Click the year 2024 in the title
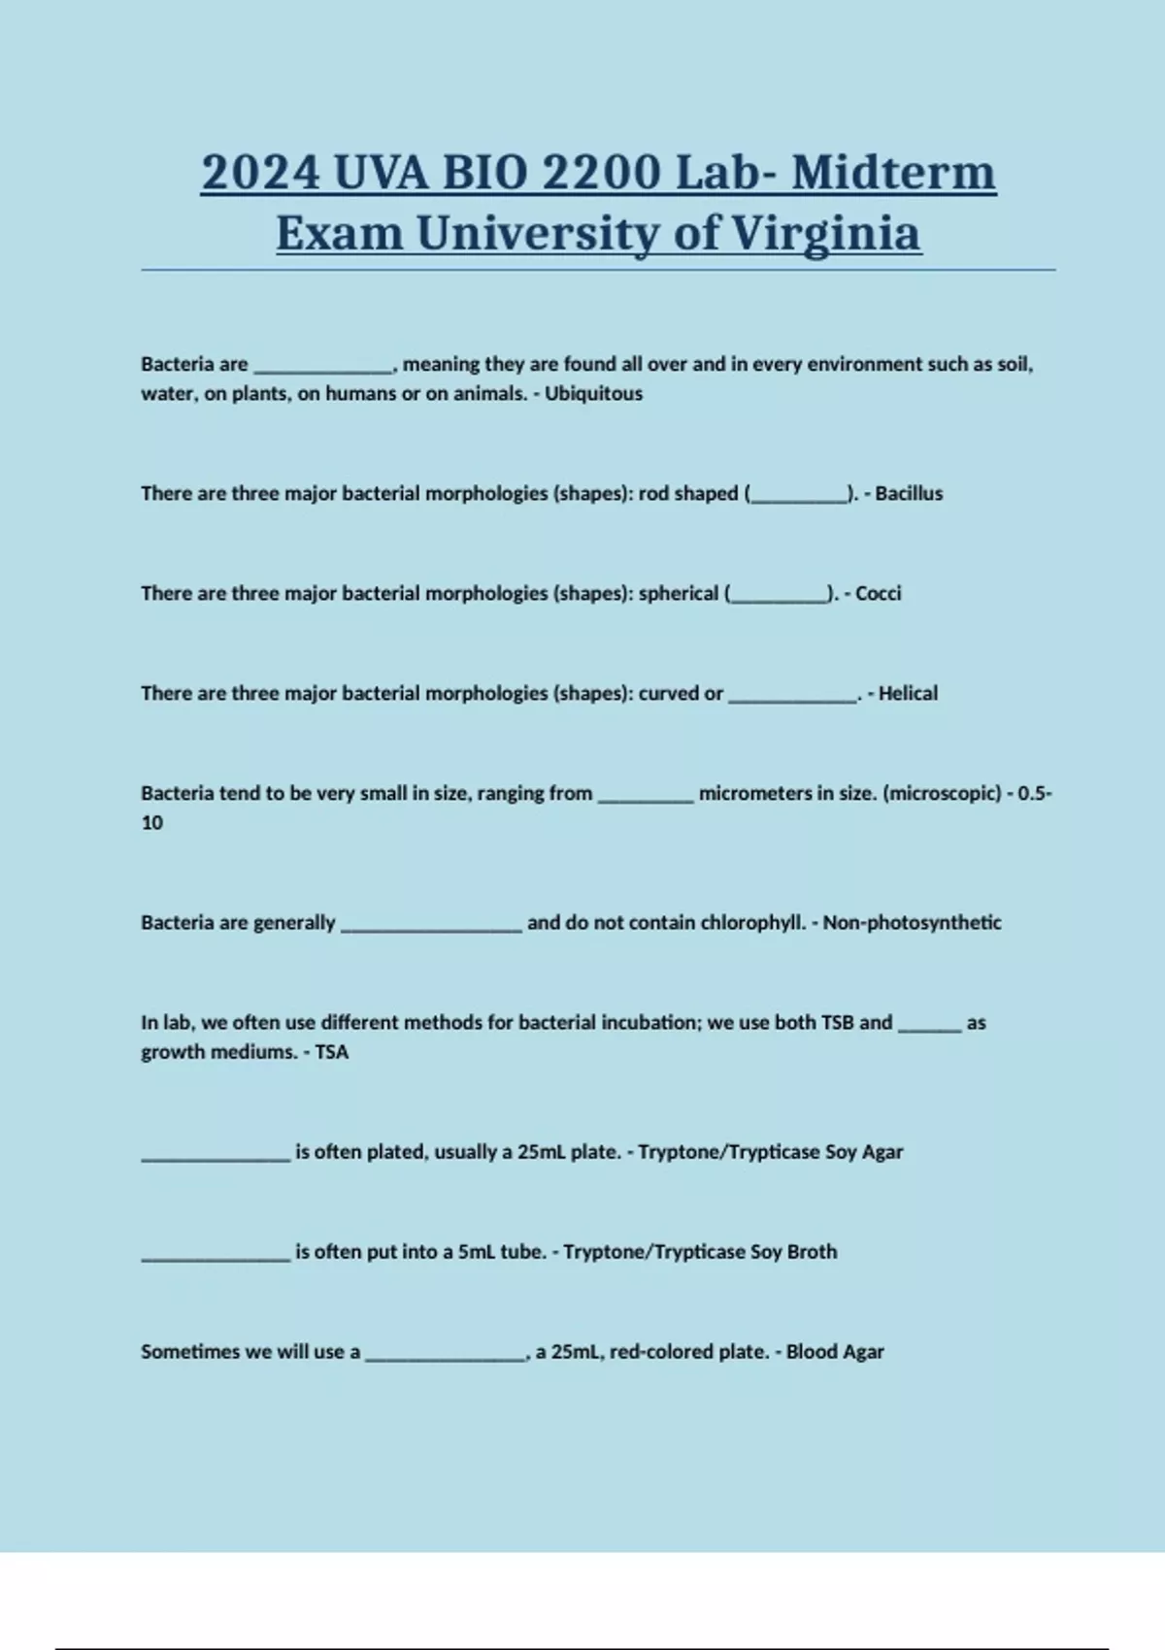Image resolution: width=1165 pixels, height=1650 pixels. point(261,173)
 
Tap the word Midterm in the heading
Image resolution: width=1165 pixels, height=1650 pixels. point(893,173)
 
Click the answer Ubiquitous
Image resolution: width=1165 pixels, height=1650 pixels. point(593,394)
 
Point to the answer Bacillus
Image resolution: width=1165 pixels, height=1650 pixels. point(909,494)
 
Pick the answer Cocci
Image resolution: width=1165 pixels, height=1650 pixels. point(878,594)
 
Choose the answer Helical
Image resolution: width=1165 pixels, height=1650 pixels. point(908,694)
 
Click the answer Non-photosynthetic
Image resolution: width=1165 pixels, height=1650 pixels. point(912,923)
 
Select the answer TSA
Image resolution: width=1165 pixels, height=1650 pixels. point(331,1052)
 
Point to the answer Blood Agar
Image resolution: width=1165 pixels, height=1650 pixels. point(835,1352)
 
